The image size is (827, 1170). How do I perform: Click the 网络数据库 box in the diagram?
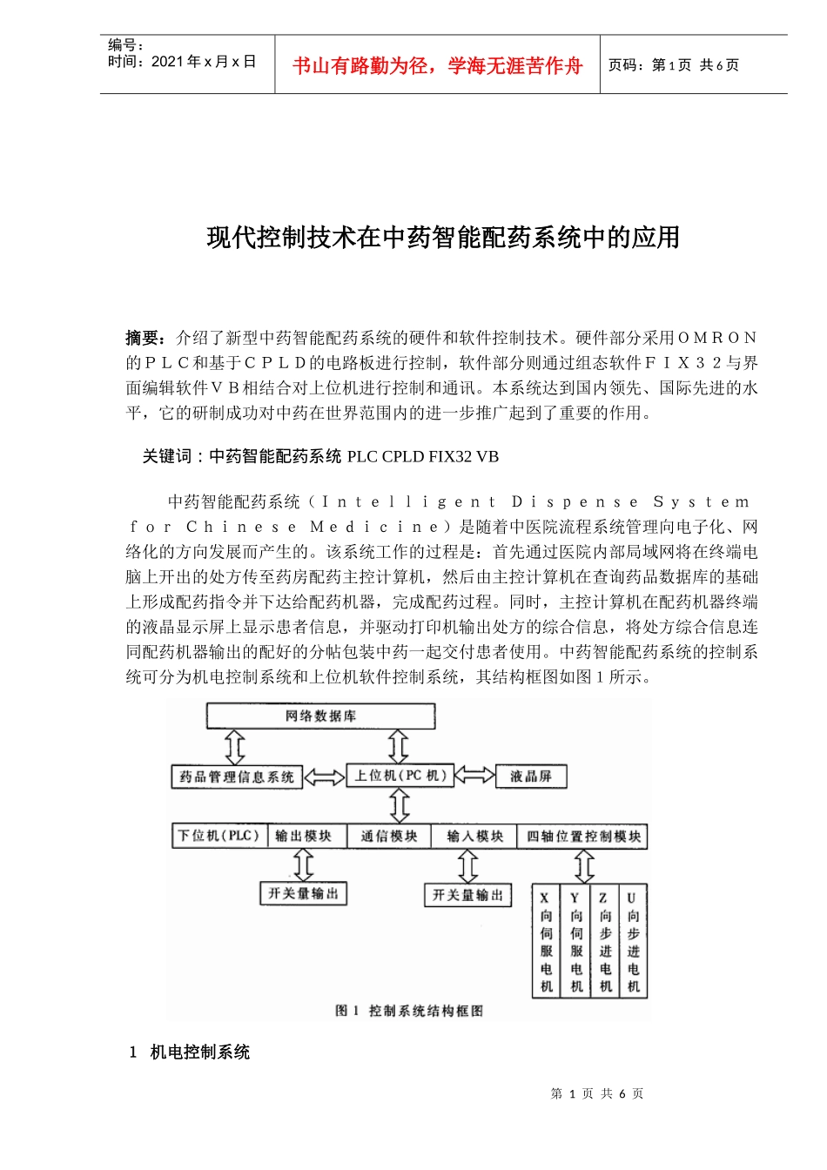pos(320,716)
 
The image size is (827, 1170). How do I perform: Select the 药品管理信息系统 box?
pos(237,777)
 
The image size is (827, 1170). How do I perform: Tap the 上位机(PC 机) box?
pos(400,775)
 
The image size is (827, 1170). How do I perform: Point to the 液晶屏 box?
pos(531,777)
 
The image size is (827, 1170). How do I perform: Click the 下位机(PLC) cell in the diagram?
pos(219,836)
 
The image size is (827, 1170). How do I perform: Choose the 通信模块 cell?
pos(389,836)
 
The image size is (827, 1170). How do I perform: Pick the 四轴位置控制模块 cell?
pos(584,837)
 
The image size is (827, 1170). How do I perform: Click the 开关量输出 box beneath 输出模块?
pos(303,893)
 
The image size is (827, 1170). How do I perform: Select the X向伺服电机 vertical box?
pos(546,942)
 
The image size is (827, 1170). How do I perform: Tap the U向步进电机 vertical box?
pos(633,942)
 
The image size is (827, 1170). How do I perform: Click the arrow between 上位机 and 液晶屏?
pos(474,775)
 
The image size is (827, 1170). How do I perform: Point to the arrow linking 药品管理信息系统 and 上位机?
pos(325,777)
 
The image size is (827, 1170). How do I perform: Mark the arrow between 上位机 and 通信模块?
pos(400,805)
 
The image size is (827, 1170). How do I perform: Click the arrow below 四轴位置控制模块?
pos(584,865)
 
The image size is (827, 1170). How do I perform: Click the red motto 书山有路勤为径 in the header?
pos(437,65)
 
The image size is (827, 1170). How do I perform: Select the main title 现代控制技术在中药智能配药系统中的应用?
pos(443,237)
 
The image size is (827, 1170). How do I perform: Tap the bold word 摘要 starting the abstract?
pos(143,338)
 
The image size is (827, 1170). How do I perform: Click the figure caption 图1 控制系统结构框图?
pos(408,1011)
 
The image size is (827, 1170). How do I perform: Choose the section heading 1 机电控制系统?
pos(190,1052)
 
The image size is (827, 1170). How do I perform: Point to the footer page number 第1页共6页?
pos(597,1093)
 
